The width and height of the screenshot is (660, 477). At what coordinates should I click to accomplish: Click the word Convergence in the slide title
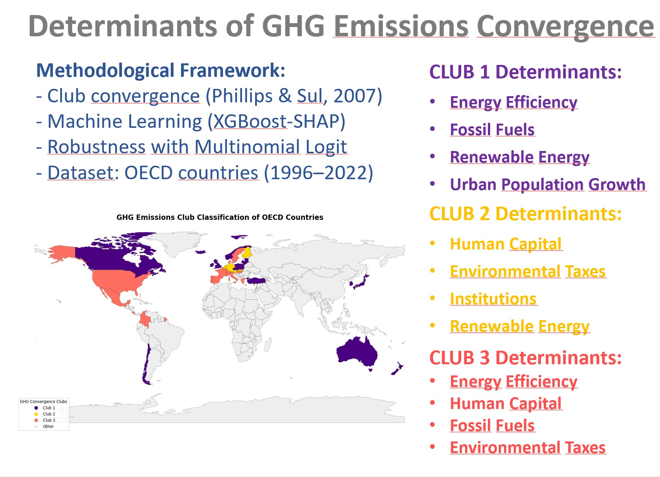click(x=565, y=27)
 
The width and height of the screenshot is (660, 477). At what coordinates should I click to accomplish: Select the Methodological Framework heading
click(x=161, y=71)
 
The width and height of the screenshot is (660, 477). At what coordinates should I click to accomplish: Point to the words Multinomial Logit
click(x=271, y=147)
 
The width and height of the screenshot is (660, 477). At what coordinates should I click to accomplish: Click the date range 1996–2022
click(x=318, y=173)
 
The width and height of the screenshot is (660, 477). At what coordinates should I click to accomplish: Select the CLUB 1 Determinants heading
click(x=525, y=72)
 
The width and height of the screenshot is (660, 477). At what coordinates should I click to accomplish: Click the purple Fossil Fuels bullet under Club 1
click(x=492, y=129)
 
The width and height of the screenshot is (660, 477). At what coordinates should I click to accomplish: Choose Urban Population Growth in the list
click(x=548, y=185)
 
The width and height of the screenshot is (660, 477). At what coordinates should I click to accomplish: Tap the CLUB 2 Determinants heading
click(x=525, y=214)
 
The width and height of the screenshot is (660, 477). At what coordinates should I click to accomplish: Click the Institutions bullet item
click(x=493, y=299)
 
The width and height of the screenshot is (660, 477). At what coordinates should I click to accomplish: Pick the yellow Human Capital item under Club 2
click(x=506, y=244)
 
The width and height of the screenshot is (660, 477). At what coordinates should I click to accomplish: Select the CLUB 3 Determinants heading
click(x=525, y=358)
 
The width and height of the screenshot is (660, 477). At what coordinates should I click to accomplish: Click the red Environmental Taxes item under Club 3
click(x=527, y=448)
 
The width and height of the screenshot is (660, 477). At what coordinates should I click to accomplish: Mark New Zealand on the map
click(x=398, y=368)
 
